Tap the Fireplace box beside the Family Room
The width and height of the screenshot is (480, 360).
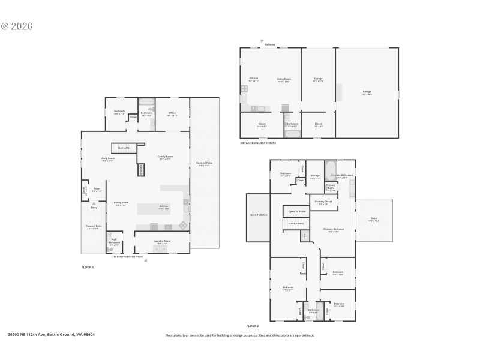point(141,170)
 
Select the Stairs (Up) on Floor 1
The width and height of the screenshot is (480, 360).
point(124,148)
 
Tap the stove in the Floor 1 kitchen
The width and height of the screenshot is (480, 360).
point(182,226)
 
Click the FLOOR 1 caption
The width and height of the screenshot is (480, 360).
point(88,266)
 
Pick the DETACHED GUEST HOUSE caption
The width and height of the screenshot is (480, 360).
point(258,143)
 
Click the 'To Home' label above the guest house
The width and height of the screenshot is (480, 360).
point(270,44)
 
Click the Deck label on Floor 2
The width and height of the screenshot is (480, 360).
point(373,220)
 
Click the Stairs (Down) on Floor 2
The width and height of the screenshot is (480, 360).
point(296,223)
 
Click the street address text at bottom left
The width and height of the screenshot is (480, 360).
point(51,335)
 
